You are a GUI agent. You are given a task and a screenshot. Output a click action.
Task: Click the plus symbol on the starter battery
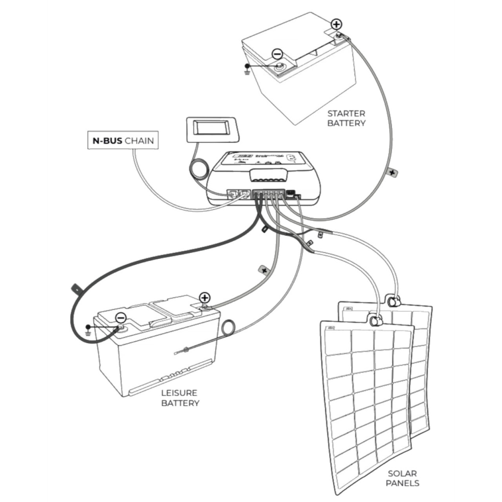[x=336, y=24]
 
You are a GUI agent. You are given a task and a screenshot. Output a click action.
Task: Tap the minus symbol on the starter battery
[x=277, y=54]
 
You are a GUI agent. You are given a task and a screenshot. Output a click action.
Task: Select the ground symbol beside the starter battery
[x=248, y=70]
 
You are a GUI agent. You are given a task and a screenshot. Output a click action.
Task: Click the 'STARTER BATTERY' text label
[x=346, y=118]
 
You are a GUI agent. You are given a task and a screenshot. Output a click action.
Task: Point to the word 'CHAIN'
[x=139, y=141]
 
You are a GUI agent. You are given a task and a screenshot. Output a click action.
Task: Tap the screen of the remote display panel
[x=210, y=128]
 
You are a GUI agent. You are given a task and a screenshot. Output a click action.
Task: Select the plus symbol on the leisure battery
[x=205, y=297]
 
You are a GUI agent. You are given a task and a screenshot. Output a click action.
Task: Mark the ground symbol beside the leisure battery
[x=88, y=330]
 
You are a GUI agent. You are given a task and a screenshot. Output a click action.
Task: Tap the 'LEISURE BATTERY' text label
[x=180, y=398]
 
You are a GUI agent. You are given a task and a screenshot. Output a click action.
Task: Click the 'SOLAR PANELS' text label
[x=402, y=478]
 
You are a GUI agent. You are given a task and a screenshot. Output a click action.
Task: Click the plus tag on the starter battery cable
[x=392, y=172]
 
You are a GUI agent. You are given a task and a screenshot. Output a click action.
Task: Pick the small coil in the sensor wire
[x=228, y=327]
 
